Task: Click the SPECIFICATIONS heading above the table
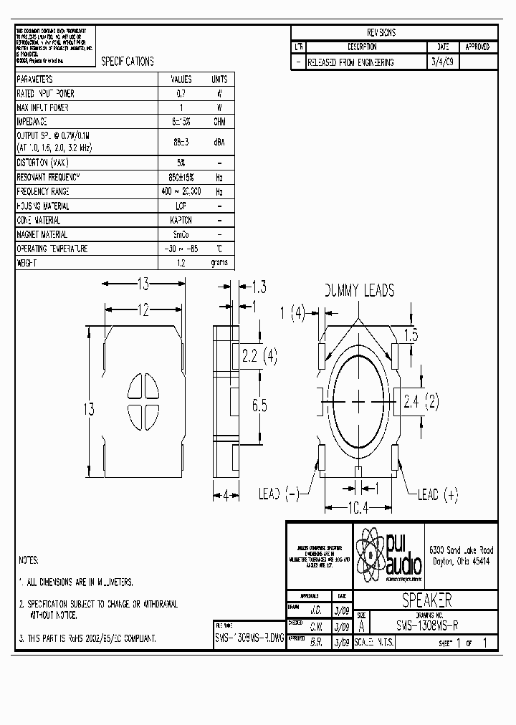click(128, 62)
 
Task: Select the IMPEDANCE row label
click(33, 121)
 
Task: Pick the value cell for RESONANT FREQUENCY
click(181, 177)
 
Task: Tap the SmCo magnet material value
click(181, 235)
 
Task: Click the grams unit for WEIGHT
click(219, 263)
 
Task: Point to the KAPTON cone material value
click(181, 221)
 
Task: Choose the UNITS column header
click(219, 80)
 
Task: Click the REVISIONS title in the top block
click(381, 32)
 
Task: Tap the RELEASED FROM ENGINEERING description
click(350, 62)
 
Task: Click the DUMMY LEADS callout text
click(359, 290)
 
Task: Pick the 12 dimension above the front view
click(143, 309)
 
